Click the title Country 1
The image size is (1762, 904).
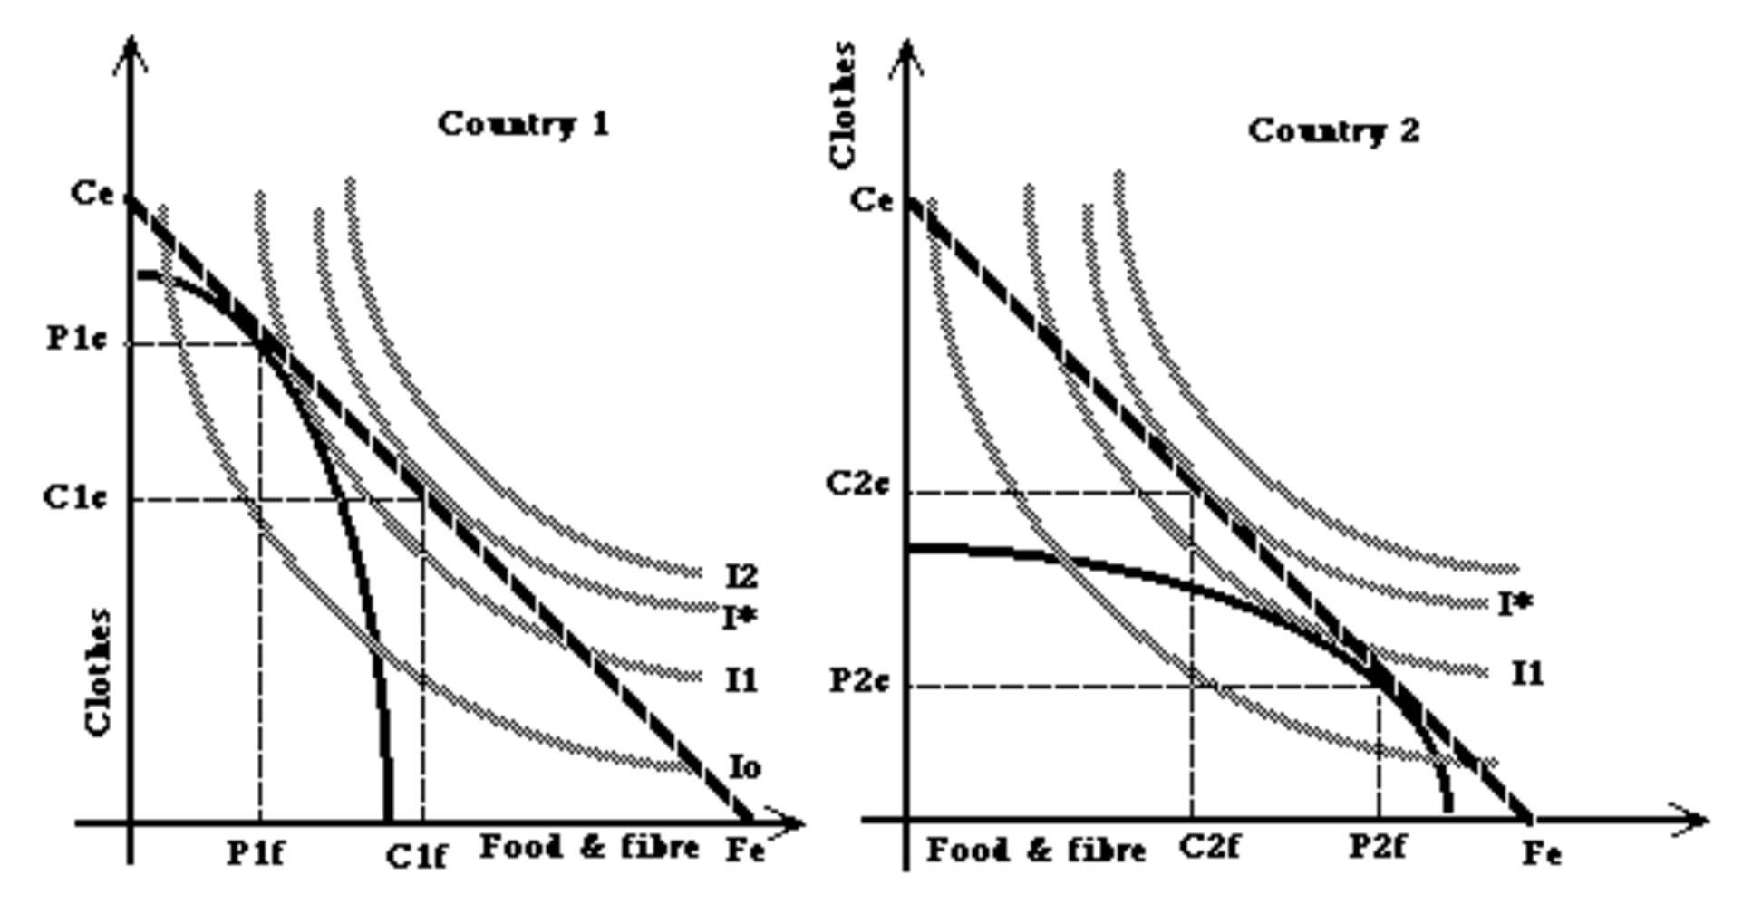523,124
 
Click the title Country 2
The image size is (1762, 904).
1333,131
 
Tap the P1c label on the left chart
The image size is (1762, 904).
77,339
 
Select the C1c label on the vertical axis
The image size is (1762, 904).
76,497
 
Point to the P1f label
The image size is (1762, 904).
255,853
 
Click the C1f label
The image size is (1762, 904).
416,856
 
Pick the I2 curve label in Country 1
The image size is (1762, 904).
741,575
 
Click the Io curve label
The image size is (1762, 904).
745,767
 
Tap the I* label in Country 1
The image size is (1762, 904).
740,618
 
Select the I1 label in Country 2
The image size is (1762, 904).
1527,673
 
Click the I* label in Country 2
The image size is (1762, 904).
1515,603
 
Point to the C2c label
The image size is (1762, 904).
857,484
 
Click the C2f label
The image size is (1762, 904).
1209,848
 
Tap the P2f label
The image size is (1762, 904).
1378,847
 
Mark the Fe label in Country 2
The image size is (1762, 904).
1541,853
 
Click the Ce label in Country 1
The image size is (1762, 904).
92,193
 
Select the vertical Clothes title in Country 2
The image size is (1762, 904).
843,104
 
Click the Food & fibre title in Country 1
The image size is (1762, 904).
589,848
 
